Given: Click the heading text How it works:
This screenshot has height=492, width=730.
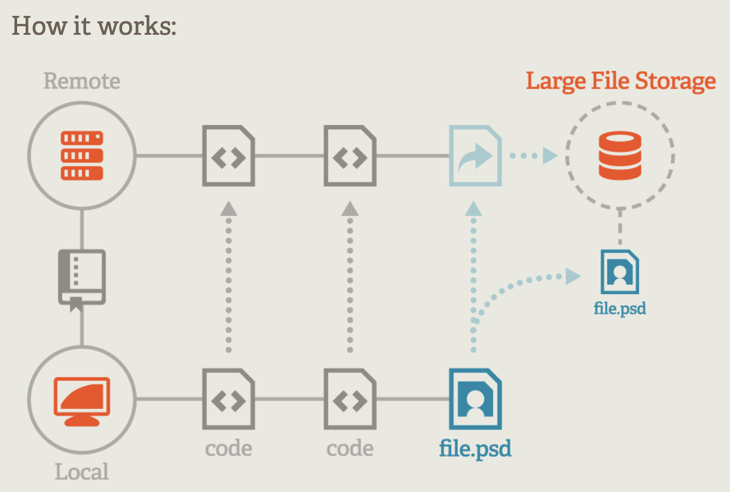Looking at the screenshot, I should coord(94,27).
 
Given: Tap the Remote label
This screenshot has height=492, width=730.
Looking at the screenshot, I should coord(82,81).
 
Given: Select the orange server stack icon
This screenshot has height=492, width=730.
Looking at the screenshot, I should coord(82,156).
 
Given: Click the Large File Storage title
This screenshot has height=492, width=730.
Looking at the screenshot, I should coord(621,81).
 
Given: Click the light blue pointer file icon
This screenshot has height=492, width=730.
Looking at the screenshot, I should coord(475,156).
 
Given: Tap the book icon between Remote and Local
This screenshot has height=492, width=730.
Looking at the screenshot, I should coord(82,278).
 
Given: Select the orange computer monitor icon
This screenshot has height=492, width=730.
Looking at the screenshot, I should coord(82,401).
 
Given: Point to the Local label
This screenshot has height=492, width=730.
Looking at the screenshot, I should coord(82,472).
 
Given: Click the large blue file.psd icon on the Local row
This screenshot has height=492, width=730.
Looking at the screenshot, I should coord(475,399).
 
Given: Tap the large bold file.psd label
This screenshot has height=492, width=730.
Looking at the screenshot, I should coord(475,449).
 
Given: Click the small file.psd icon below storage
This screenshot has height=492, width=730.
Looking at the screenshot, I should coord(620,272).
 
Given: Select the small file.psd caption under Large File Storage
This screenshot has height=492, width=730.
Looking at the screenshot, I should coord(620,308).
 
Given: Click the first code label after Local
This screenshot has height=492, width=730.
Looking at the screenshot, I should coord(228,449).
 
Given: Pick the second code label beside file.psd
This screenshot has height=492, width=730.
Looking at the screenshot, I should coord(350,449).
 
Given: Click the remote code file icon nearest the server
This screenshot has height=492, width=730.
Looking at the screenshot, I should coord(228,156).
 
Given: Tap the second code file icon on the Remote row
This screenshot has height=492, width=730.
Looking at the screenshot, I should coord(350,156).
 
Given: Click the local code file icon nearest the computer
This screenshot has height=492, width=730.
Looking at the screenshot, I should coord(228,399).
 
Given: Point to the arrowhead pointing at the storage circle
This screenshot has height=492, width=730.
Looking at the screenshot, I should coord(550,156).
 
